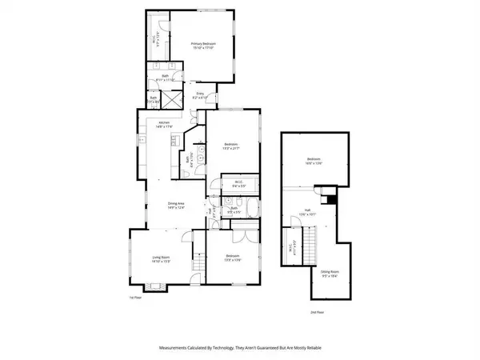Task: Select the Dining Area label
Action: point(176,206)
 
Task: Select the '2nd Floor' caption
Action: point(318,312)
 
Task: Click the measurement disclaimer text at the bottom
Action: point(240,348)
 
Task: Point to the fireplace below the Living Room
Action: point(192,277)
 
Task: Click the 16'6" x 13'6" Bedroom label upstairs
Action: point(313,161)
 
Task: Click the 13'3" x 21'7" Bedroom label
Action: point(232,146)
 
